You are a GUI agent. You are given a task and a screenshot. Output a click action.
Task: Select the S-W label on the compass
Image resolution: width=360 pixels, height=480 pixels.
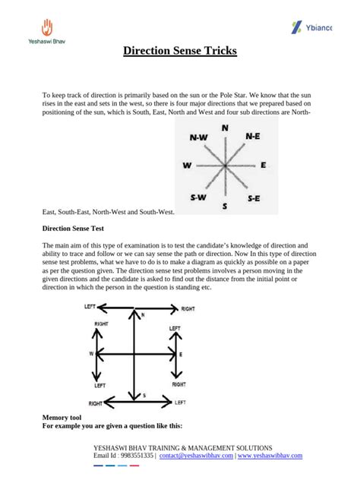point(199,197)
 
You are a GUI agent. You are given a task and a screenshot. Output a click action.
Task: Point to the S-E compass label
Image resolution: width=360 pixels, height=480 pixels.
point(254,197)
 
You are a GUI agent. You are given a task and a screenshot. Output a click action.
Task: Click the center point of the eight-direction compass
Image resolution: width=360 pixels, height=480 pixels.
point(224,165)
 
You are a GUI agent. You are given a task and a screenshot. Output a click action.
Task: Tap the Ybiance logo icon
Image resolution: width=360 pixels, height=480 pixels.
point(297,28)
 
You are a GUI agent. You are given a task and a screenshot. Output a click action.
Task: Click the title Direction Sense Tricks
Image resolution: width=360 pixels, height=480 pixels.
point(180,52)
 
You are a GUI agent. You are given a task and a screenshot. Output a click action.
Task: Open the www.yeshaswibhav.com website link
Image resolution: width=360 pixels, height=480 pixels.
point(270,456)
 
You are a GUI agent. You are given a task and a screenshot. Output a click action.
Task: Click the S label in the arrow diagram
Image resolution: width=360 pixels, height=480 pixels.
point(134,396)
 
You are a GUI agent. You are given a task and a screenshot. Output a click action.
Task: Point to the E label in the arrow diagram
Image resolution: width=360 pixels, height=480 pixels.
point(180,355)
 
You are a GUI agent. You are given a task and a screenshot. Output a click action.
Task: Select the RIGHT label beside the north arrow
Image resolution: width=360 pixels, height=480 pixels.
point(188,309)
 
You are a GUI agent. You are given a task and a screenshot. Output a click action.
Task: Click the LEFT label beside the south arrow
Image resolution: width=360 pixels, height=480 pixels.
point(180,403)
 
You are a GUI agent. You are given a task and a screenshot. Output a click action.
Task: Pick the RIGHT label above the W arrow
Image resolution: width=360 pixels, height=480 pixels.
point(101,324)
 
